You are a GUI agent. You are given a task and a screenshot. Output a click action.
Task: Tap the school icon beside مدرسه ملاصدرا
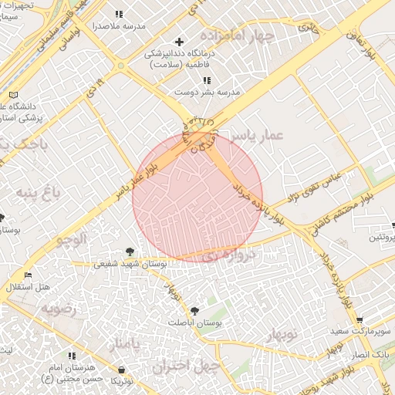click(119, 14)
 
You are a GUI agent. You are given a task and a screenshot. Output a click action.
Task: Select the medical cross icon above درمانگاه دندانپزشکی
click(180, 42)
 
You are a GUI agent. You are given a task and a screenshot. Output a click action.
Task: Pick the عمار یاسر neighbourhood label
click(262, 136)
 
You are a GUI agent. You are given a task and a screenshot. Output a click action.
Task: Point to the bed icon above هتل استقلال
click(29, 275)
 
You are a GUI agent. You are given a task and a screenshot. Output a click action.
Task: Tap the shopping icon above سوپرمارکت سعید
click(360, 319)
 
